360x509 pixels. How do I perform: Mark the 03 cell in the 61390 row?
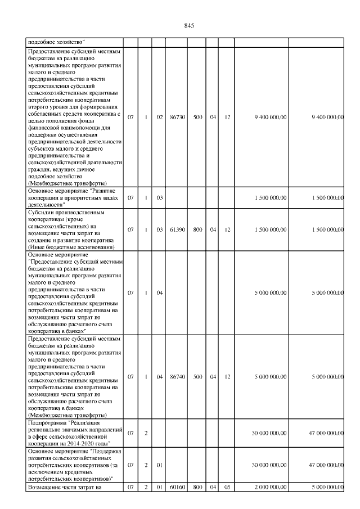(160, 229)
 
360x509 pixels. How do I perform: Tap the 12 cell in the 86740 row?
(226, 376)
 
